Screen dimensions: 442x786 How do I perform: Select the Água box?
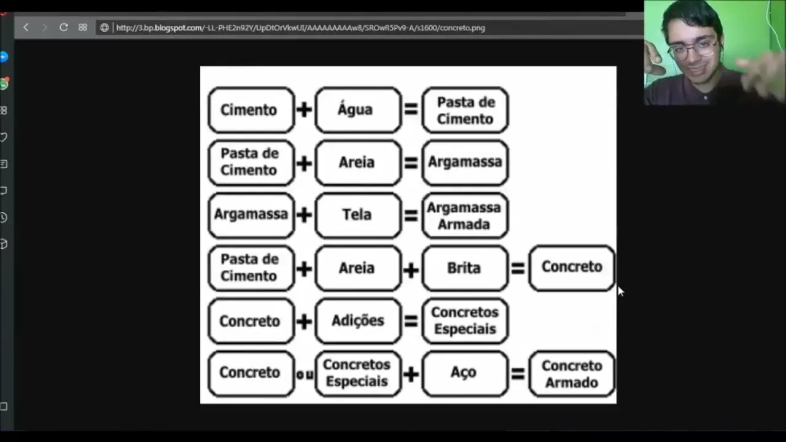pos(357,110)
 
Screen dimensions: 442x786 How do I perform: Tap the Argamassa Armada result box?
pos(465,215)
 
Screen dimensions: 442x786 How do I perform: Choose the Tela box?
pos(357,215)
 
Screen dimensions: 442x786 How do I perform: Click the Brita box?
pos(465,268)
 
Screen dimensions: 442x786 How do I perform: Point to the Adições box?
pos(357,320)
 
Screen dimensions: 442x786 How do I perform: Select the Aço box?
pos(465,373)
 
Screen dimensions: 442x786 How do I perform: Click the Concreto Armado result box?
pos(572,373)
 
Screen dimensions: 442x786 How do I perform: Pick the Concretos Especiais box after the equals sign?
pos(465,320)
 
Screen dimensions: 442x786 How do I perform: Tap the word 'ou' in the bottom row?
pos(305,373)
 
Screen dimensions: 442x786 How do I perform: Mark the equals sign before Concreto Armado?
pos(518,373)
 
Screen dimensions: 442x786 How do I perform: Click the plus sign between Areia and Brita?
pos(411,268)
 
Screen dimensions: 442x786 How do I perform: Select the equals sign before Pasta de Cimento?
pos(411,110)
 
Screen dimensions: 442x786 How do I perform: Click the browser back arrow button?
pos(26,28)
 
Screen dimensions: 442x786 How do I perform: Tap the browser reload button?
pos(63,28)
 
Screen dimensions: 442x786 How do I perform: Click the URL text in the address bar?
pos(300,28)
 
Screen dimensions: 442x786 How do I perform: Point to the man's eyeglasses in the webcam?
pos(693,48)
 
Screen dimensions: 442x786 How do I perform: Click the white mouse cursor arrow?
pos(620,291)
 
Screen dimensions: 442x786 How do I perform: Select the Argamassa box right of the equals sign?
pos(465,163)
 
